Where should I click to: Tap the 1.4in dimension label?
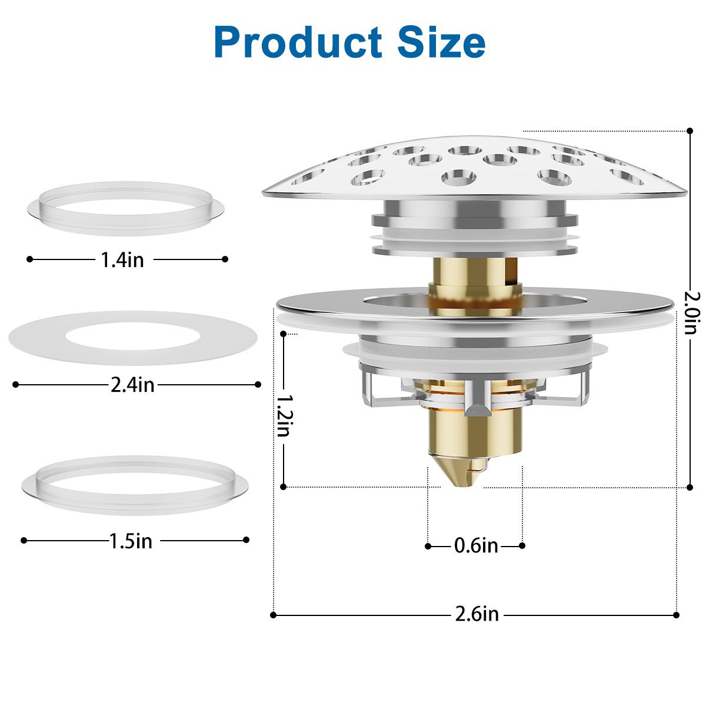tap(123, 259)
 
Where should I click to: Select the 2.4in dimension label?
tap(133, 385)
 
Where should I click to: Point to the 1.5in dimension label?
tap(131, 541)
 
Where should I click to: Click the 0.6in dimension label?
tap(476, 546)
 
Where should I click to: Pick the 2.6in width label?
tap(477, 615)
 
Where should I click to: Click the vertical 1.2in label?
tap(284, 414)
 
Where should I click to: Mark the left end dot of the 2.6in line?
tap(274, 615)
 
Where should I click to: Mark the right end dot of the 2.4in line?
tap(258, 385)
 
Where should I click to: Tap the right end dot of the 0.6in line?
tap(522, 546)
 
